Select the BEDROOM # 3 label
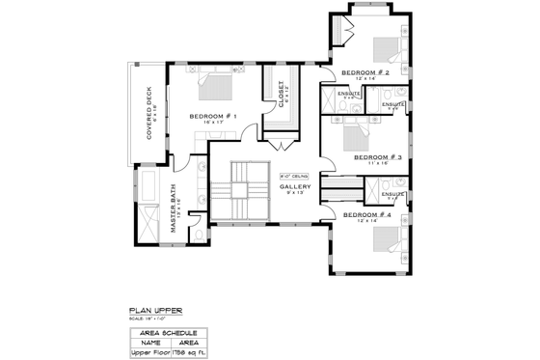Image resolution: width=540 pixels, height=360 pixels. point(377,155)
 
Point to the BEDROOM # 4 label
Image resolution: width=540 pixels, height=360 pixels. point(366,213)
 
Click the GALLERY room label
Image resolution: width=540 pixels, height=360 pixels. point(295,186)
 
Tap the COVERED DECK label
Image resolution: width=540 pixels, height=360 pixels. point(149,114)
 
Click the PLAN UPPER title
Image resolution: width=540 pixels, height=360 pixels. point(154,311)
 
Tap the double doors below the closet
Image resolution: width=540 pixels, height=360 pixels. point(282,145)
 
